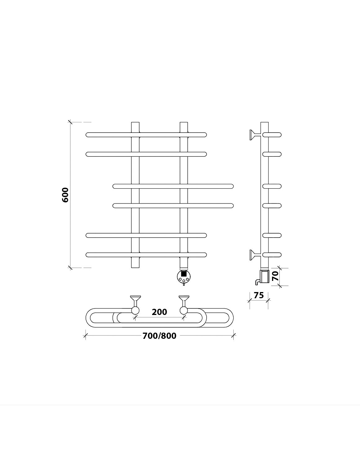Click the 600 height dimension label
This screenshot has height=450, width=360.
pos(65,195)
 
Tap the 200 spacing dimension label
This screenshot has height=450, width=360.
pos(159,312)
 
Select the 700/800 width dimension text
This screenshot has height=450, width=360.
pos(159,336)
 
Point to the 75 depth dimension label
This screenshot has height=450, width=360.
pos(259,295)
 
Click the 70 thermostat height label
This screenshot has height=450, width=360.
pos(275,276)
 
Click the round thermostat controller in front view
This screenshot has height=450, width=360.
pos(184,277)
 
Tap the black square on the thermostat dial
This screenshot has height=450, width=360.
pos(184,273)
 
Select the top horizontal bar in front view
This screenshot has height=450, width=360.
pos(146,135)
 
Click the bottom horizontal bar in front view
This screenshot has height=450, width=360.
pos(146,255)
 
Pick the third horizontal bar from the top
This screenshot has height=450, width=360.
pos(173,186)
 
